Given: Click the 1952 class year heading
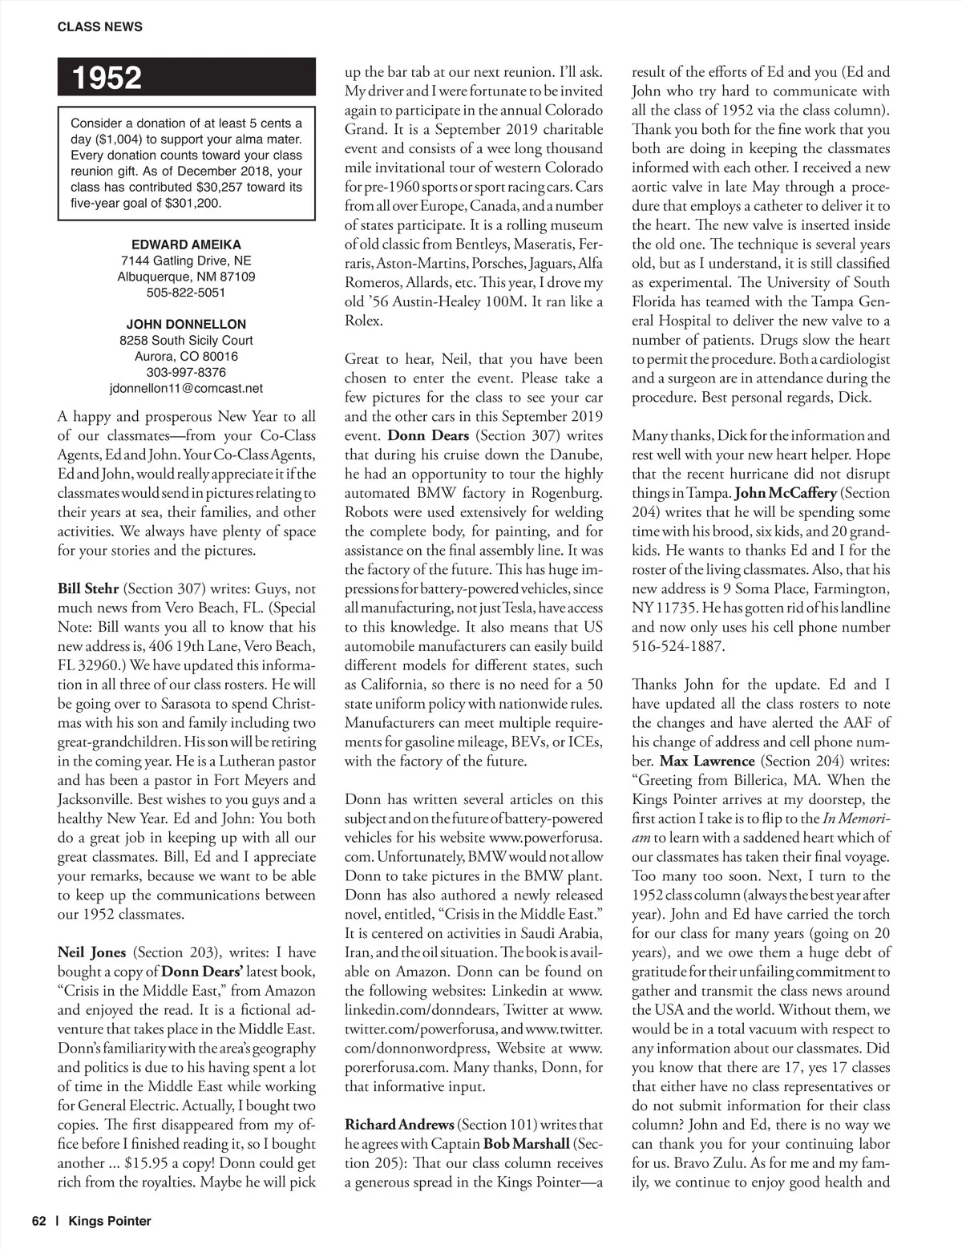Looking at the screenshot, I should [x=107, y=78].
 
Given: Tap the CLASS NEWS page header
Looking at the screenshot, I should [x=99, y=26].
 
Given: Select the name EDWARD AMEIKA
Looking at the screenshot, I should [x=186, y=245].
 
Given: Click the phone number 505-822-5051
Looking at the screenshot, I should [x=186, y=293].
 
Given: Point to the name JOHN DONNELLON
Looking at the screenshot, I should [x=186, y=325].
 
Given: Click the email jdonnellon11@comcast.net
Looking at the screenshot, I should [x=186, y=389].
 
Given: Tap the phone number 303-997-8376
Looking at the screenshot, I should [x=186, y=373].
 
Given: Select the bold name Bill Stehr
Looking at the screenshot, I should [x=88, y=589].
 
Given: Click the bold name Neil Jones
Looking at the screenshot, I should [x=91, y=952].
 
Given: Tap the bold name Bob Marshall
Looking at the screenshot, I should [x=528, y=1144].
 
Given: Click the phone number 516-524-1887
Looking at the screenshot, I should [x=677, y=646].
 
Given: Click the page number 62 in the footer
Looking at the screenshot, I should [x=39, y=1221].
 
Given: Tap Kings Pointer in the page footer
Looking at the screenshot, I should [x=110, y=1221].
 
